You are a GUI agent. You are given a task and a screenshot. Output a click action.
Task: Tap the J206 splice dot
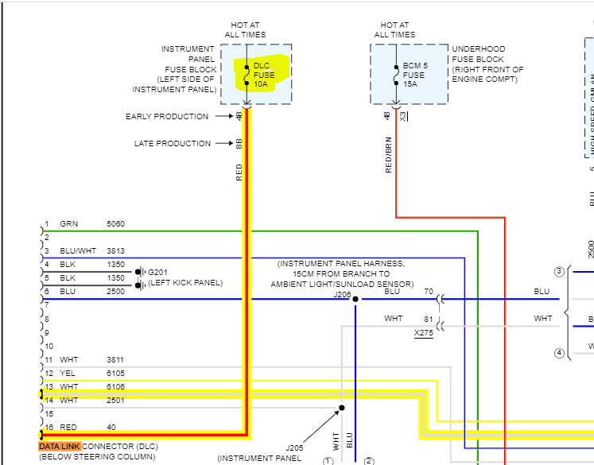coord(355,299)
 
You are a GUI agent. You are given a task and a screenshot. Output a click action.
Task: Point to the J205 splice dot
coord(341,408)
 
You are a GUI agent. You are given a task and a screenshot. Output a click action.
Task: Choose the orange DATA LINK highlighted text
coord(60,447)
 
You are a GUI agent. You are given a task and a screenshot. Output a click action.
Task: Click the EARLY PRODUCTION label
coord(167,117)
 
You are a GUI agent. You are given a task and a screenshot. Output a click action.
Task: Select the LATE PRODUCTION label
coord(172,144)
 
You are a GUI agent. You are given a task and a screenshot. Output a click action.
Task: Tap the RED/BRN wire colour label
coord(388,155)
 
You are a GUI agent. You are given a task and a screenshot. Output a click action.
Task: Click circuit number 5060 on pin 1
coord(115,224)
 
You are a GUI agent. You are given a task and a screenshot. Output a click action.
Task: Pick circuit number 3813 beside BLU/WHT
coord(115,251)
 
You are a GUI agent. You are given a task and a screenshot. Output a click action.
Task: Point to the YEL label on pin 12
coord(68,374)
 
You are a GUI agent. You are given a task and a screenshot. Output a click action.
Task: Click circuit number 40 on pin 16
coord(111,428)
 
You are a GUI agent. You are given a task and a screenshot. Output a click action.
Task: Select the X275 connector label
coord(423,333)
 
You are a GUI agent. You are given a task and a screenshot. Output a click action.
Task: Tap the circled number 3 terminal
coord(559,272)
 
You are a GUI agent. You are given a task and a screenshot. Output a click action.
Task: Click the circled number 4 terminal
coord(559,353)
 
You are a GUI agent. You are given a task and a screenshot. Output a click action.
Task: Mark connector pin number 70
coord(429,292)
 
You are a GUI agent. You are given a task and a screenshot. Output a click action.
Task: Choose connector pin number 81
coord(429,319)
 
